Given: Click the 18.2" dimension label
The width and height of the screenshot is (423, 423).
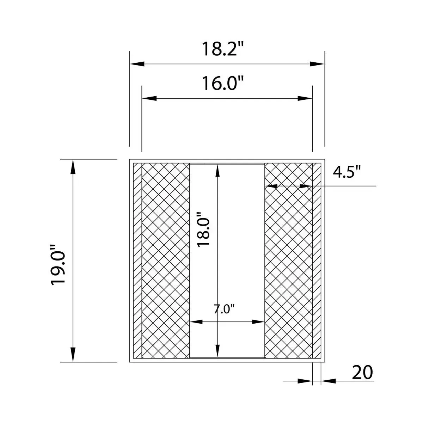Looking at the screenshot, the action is point(222,49).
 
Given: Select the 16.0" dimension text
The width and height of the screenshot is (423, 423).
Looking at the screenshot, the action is point(222,83).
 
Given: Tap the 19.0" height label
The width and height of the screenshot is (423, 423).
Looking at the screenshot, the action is point(58,265).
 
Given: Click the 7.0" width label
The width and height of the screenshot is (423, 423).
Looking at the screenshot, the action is point(224,309).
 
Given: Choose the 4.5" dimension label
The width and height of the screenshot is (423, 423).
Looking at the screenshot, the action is point(347,172).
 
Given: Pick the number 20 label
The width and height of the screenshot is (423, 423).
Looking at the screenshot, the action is point(362,372).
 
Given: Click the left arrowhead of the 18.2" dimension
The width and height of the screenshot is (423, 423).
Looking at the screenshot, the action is point(137,64).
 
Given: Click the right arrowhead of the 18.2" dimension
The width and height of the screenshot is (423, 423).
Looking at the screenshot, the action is point(317,64).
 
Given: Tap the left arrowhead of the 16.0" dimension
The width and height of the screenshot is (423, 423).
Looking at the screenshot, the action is point(149,98).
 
